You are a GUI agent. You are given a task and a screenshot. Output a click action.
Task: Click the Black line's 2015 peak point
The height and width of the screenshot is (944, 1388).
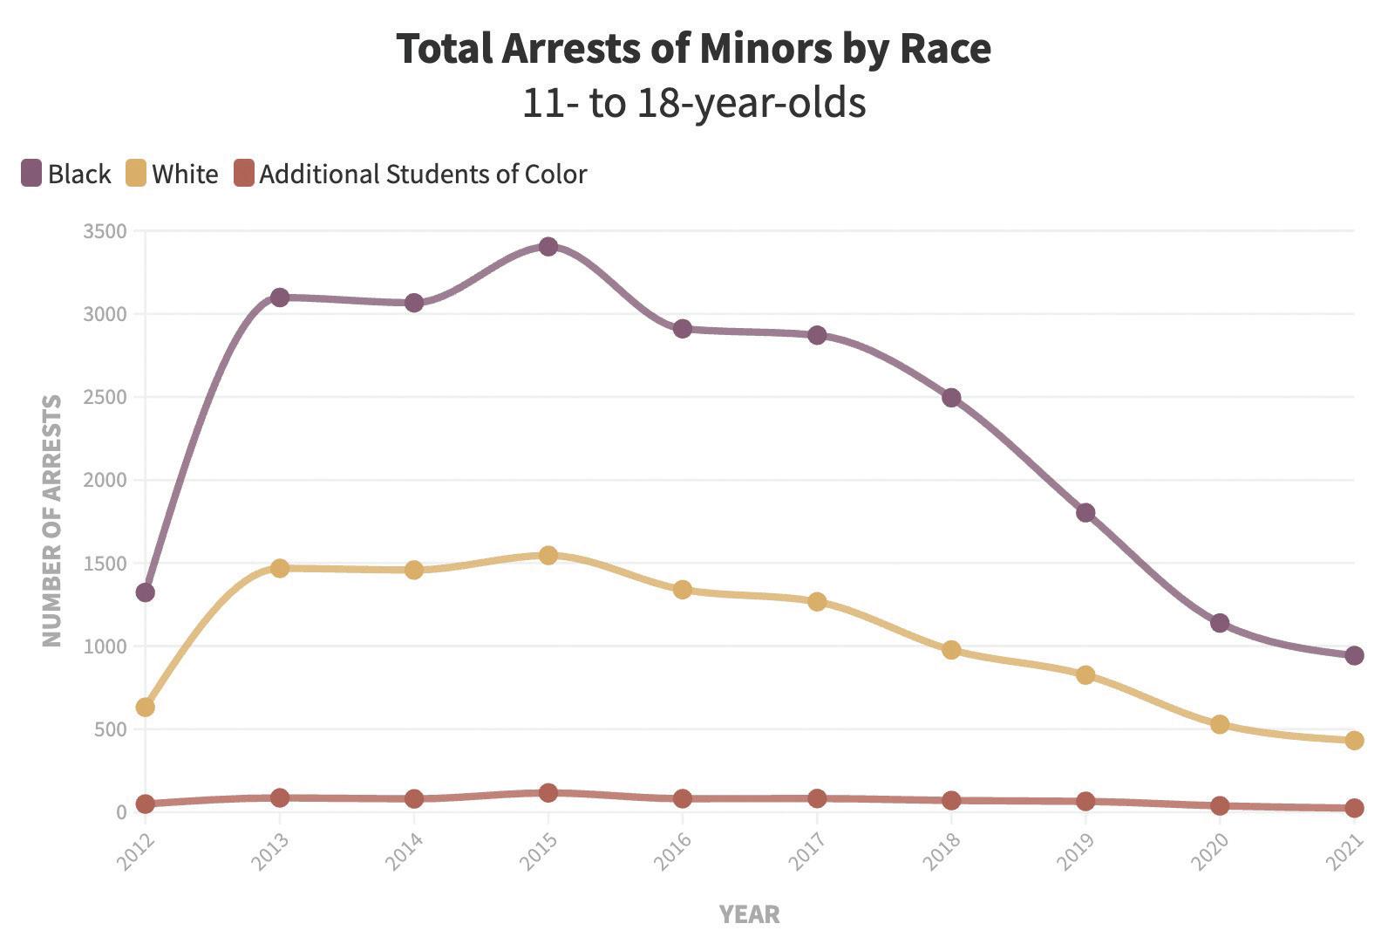[548, 247]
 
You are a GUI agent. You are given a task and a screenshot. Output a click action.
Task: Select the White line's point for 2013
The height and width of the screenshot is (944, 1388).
[279, 568]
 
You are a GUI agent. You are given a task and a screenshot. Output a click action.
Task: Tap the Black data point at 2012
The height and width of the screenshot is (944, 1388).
[145, 592]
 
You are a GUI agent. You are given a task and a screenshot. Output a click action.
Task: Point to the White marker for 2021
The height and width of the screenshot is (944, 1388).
[1354, 740]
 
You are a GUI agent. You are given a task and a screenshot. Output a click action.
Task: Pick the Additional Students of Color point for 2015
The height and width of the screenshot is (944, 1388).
[548, 793]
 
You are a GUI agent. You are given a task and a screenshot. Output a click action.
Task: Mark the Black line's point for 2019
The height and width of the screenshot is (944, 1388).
[1085, 512]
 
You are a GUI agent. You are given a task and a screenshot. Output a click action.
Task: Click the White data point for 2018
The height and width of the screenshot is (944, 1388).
[951, 650]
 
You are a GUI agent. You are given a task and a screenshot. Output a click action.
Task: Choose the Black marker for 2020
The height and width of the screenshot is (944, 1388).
[1220, 623]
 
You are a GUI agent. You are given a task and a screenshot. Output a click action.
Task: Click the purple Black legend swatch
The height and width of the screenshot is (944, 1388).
[31, 174]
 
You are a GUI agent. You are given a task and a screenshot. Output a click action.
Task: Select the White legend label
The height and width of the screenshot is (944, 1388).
[185, 174]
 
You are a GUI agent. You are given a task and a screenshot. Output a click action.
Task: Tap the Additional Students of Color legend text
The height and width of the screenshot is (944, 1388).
[423, 174]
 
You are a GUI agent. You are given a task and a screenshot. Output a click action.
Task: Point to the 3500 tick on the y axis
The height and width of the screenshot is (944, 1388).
[105, 231]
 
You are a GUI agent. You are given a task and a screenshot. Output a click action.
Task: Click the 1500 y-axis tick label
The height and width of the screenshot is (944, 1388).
[105, 564]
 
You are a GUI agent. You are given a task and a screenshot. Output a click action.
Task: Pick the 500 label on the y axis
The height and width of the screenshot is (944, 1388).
[110, 729]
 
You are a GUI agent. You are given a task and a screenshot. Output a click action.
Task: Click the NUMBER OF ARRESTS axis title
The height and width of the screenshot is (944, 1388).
[52, 521]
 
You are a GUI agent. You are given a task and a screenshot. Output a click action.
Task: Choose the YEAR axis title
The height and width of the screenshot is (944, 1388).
[749, 914]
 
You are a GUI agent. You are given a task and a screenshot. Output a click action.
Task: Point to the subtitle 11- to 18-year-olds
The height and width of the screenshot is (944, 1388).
[694, 103]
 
